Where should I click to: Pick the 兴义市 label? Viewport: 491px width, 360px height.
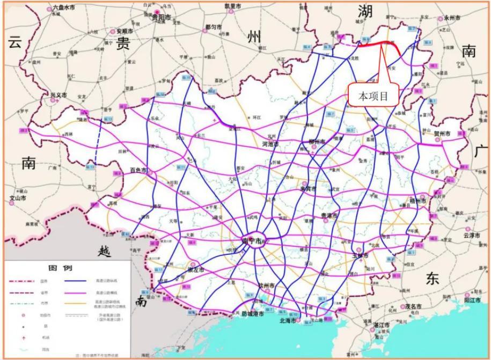pos(58,95)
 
